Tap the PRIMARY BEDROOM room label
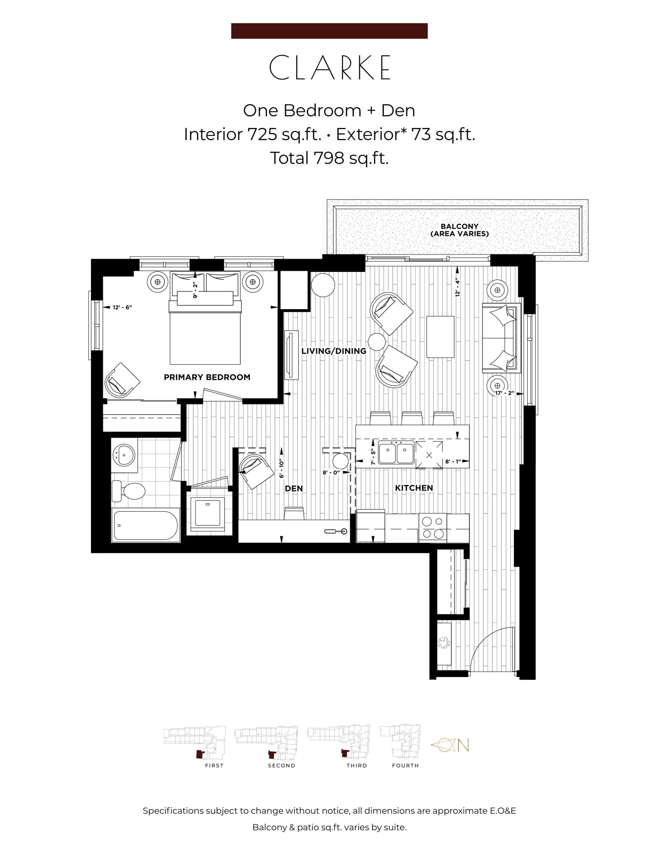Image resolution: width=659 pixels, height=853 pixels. [207, 377]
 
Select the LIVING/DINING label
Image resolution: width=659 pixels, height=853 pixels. [333, 351]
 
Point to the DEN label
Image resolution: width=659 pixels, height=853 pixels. [294, 488]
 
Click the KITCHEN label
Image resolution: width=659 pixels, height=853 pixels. [414, 488]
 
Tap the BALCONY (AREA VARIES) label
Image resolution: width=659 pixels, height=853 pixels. [459, 230]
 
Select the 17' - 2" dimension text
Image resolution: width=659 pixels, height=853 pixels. [504, 393]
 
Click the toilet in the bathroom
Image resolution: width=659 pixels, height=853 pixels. [129, 491]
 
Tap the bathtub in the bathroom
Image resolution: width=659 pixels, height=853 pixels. [145, 526]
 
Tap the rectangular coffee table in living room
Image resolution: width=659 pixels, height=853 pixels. [440, 337]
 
